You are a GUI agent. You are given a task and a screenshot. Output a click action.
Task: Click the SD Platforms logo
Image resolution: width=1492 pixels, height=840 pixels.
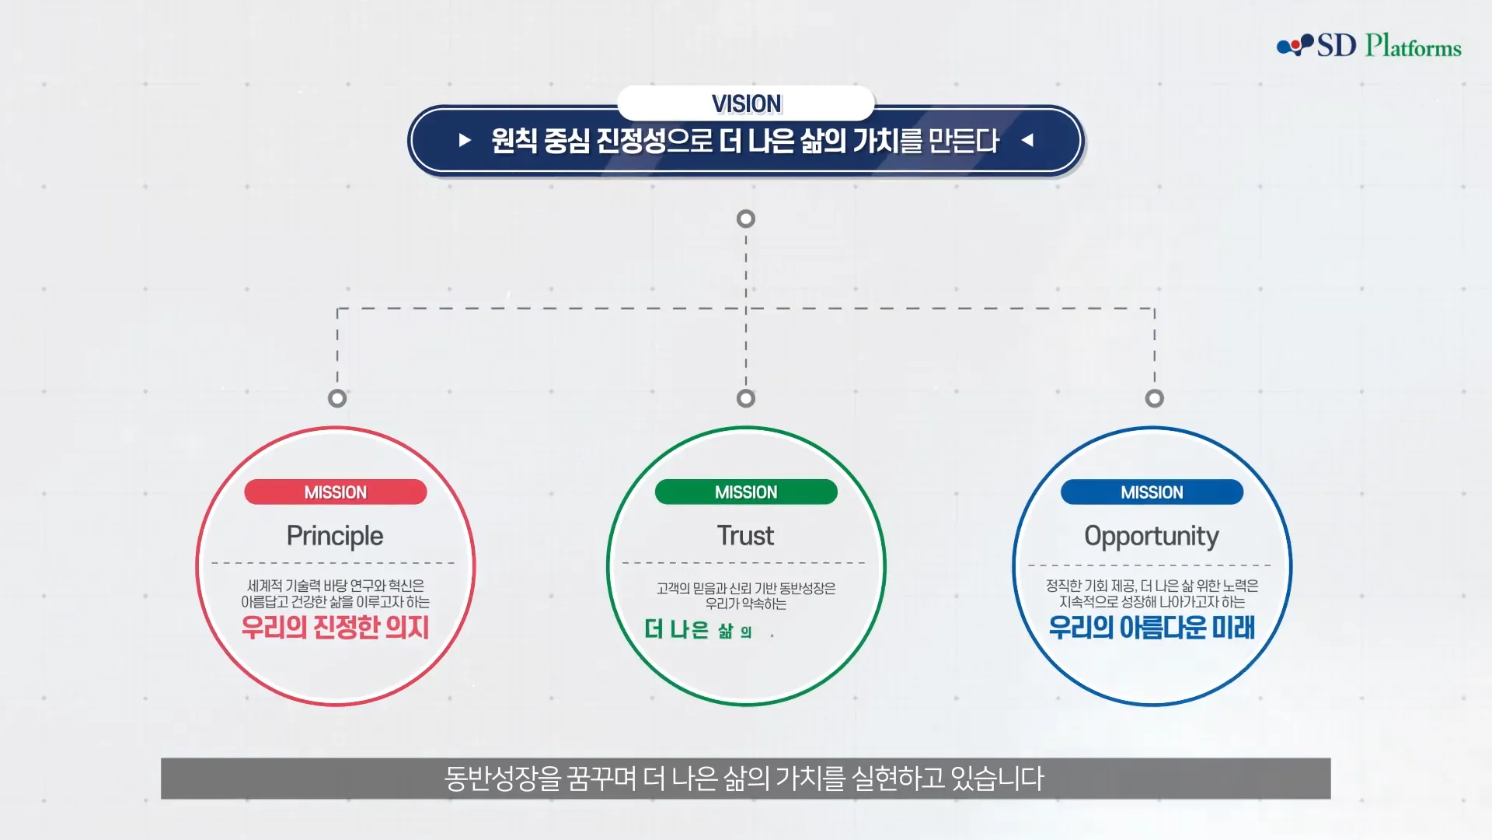(1369, 45)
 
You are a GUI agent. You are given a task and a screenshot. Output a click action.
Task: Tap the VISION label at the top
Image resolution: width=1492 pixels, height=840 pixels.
(746, 103)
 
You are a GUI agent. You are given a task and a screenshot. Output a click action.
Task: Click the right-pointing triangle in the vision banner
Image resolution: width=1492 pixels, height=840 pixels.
(465, 140)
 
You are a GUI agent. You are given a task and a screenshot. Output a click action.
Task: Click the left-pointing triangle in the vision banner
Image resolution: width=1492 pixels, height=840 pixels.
(1027, 140)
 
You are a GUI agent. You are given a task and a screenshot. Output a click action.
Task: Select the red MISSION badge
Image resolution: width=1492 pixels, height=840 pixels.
(336, 492)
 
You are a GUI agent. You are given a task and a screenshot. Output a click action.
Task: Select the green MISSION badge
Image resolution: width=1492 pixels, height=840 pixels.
(746, 492)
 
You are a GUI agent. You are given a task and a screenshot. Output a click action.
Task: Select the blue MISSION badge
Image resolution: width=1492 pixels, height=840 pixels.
(1152, 492)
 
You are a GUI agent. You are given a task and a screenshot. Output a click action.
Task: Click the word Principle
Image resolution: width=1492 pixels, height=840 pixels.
(335, 536)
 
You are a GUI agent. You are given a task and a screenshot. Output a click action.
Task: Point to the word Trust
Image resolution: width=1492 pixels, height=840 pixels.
(745, 535)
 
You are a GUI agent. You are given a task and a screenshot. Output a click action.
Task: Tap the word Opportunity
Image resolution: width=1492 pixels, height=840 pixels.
(1152, 536)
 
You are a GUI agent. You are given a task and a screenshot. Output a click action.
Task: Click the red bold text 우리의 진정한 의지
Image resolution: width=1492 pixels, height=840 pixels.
(335, 627)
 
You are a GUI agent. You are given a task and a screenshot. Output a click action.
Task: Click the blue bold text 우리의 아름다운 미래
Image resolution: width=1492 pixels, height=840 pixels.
(1152, 627)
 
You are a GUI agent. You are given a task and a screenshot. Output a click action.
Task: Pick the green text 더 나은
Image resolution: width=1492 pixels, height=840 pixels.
(677, 629)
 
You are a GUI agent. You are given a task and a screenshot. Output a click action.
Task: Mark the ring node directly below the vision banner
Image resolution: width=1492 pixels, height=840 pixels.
(746, 219)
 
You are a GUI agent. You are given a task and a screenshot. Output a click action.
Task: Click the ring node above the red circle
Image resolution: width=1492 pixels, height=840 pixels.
(337, 398)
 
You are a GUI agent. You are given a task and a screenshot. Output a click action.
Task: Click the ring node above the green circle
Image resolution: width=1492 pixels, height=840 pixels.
(746, 398)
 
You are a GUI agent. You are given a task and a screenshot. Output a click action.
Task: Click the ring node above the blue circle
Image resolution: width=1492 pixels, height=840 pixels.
(1155, 398)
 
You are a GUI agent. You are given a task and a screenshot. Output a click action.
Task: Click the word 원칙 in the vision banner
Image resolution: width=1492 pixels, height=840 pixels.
(514, 141)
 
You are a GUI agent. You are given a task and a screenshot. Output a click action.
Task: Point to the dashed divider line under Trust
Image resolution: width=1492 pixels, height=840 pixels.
(744, 562)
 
